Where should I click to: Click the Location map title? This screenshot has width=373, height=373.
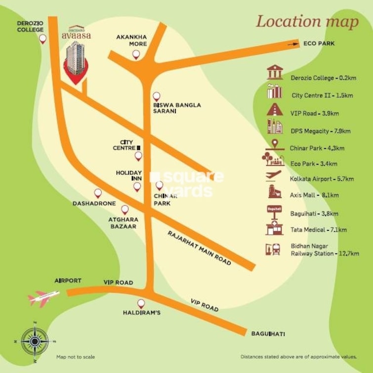(x=307, y=22)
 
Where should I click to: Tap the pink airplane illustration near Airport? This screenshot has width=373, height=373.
(x=44, y=296)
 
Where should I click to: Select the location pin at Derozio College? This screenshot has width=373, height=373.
(x=43, y=39)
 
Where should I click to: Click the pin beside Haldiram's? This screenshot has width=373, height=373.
(x=141, y=304)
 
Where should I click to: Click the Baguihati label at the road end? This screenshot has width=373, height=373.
(x=268, y=334)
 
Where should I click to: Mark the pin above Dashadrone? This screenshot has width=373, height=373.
(x=98, y=193)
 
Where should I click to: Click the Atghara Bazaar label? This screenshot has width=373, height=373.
(x=124, y=223)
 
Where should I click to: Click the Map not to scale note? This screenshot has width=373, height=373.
(x=75, y=357)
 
